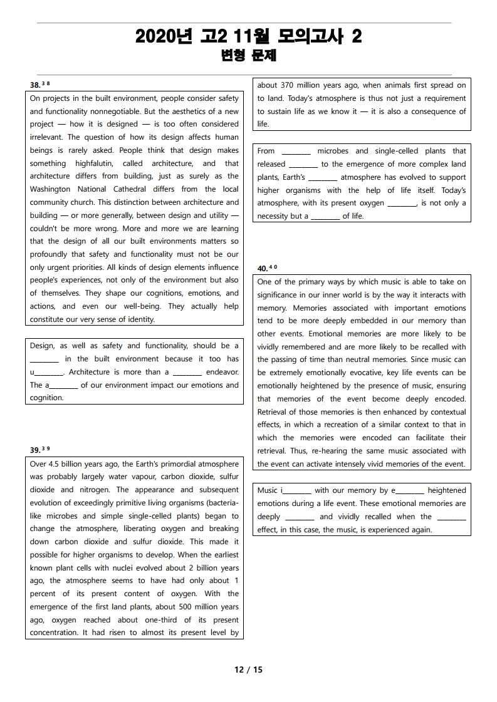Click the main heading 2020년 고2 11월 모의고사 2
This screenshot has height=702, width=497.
(248, 37)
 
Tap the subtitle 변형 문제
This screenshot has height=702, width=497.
(249, 56)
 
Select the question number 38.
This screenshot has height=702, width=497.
(35, 85)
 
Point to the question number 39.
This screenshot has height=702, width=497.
(35, 450)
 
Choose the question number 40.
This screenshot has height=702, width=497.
(263, 268)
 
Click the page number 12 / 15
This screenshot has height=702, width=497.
(249, 669)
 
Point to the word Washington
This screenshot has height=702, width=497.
(50, 189)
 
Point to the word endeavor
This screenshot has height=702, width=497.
(222, 372)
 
